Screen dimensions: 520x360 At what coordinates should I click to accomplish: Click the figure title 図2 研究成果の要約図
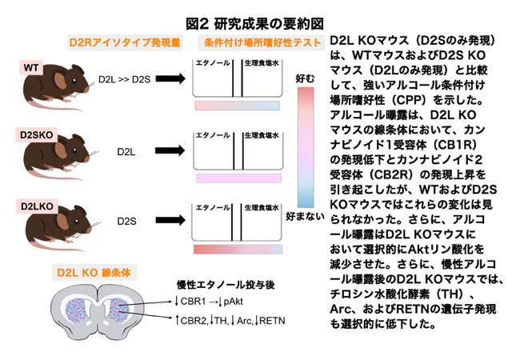(x=254, y=23)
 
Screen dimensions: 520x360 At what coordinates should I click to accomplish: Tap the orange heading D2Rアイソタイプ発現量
(x=125, y=42)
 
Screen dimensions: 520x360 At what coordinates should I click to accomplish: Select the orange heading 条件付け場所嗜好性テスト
(x=262, y=42)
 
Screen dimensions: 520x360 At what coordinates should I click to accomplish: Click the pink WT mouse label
(x=31, y=68)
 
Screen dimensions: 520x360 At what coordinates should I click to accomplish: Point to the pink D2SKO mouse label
(x=37, y=135)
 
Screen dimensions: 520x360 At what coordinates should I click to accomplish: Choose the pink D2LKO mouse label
(x=37, y=206)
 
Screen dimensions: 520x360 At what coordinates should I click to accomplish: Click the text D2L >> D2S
(x=124, y=79)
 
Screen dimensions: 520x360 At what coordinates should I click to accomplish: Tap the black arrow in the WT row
(x=170, y=78)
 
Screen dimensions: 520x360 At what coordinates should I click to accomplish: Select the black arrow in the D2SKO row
(x=170, y=150)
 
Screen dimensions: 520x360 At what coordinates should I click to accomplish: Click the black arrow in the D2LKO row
(x=170, y=220)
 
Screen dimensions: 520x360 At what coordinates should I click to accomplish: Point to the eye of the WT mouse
(x=74, y=80)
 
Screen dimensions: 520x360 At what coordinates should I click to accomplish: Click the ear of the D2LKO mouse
(x=62, y=221)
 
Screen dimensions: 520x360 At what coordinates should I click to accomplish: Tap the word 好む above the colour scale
(x=305, y=78)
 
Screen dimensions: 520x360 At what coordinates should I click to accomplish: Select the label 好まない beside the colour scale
(x=305, y=217)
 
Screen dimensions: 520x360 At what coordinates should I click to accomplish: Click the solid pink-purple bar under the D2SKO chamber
(x=238, y=178)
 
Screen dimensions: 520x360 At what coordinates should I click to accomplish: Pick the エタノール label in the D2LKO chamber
(x=212, y=207)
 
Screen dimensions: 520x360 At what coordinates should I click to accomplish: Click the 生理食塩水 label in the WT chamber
(x=262, y=62)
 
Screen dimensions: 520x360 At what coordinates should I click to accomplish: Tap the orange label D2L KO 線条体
(x=94, y=273)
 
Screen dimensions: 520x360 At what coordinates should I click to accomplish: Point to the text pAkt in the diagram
(x=233, y=302)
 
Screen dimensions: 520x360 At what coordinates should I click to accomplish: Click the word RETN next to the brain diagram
(x=272, y=321)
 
